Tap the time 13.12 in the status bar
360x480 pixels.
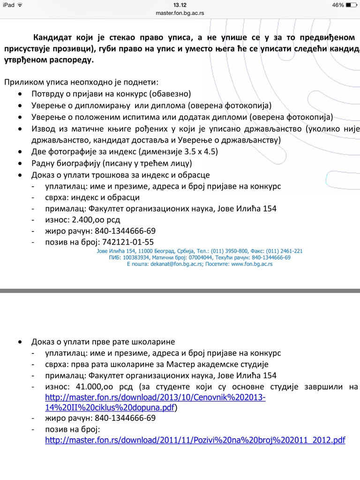coord(180,5)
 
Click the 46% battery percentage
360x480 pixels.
coord(338,5)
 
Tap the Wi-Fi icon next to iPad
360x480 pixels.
coord(20,5)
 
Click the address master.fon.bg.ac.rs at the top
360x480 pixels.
coord(180,13)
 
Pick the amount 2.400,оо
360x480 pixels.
coord(90,219)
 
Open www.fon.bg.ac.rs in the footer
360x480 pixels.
coord(252,264)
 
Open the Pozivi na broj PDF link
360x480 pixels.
coord(195,441)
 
